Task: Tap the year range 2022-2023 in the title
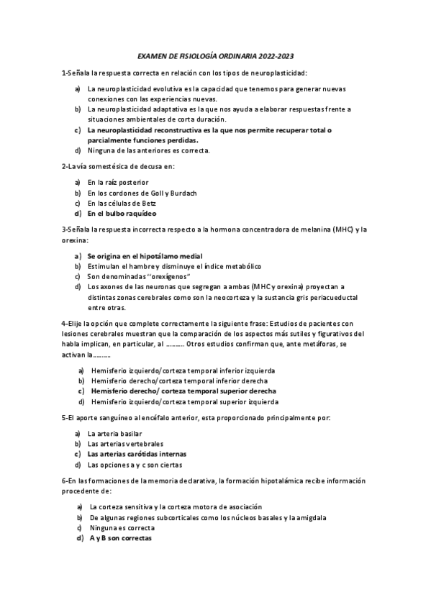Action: [275, 55]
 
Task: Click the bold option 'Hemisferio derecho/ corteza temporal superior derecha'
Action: [183, 391]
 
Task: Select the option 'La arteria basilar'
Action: [114, 434]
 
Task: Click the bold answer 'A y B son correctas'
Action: [120, 538]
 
